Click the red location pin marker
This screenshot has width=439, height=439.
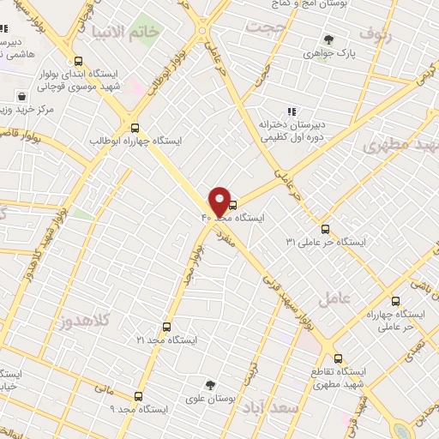pos(219,201)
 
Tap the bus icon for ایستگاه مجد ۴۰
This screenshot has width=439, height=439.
pos(233,205)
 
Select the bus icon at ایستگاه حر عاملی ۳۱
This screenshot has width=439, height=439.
pos(325,229)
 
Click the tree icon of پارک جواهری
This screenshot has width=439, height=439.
pos(328,39)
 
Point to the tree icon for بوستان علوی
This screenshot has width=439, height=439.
pos(211,385)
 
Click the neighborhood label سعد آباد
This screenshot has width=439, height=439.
pos(270,406)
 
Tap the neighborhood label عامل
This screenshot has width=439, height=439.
pos(334,299)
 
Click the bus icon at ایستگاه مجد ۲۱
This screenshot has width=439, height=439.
pos(166,327)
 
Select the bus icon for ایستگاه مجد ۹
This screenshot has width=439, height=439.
pos(139,396)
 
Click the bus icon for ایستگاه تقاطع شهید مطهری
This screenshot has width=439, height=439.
pos(338,358)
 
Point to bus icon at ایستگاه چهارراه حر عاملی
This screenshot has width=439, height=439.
pos(395,301)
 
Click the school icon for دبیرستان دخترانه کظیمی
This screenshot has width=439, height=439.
pos(292,111)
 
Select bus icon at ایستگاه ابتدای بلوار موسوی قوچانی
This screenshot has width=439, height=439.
pos(79,61)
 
